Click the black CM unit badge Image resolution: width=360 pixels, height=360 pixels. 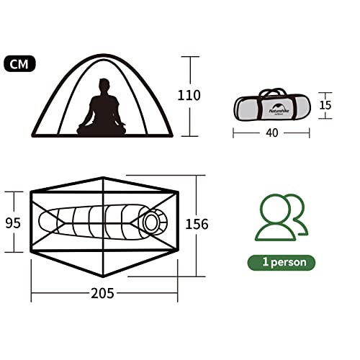(19, 63)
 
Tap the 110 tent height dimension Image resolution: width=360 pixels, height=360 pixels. (189, 95)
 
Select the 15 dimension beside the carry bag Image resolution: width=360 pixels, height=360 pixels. (325, 105)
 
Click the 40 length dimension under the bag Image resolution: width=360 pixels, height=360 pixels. (272, 132)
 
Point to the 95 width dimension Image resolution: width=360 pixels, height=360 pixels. (13, 223)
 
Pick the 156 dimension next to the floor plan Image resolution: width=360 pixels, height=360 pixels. (197, 224)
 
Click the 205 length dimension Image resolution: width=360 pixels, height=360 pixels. (102, 293)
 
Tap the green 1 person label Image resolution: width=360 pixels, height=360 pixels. (282, 263)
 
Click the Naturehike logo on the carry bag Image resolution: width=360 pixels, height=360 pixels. (279, 109)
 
